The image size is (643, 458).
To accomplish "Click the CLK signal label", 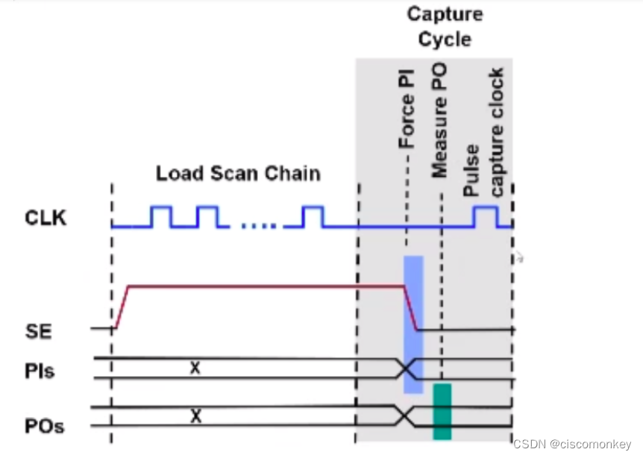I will (46, 219).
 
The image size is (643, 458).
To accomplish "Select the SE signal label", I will (39, 330).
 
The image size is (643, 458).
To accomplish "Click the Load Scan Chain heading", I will (238, 174).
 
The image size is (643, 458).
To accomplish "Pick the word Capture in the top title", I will (445, 14).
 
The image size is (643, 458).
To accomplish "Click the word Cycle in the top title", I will (445, 39).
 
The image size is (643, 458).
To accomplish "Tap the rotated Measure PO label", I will (439, 120).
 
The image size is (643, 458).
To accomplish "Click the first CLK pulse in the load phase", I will (160, 217).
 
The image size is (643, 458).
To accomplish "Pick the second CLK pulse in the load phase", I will (207, 217).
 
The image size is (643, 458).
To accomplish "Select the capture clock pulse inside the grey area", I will (485, 216).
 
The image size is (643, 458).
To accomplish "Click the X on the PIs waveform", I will (195, 367).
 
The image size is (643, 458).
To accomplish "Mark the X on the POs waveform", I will (195, 416).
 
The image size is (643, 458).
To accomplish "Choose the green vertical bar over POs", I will (442, 411).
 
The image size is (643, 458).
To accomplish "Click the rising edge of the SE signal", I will (122, 306).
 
